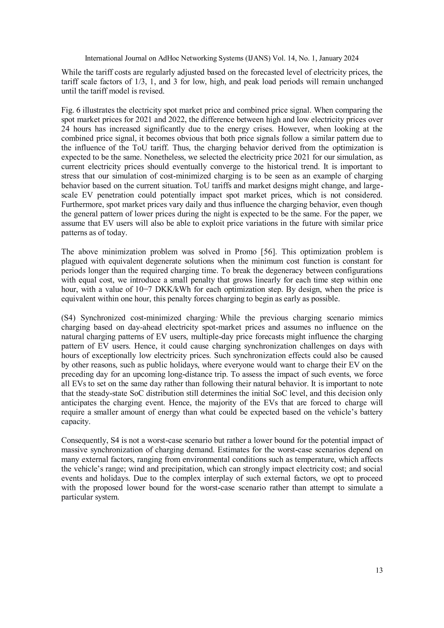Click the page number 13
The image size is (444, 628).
[379, 570]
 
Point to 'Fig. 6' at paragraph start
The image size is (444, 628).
[70, 110]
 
